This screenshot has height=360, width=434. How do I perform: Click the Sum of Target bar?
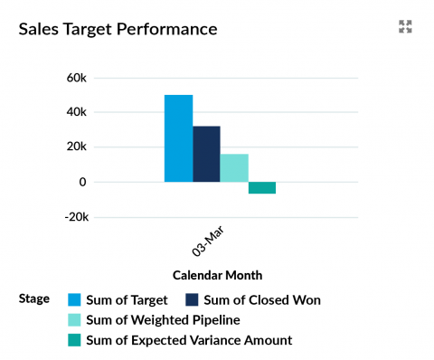(178, 138)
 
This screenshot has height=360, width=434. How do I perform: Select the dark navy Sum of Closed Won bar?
(206, 154)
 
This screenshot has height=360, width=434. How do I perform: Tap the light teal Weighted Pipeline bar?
(234, 168)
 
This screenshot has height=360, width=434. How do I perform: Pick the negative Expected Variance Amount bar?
(262, 187)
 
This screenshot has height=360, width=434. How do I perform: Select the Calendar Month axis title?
(221, 275)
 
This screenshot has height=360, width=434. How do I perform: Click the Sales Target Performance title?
(118, 29)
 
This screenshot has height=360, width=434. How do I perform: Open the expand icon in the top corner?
(405, 27)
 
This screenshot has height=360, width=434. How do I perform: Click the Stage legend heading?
(34, 299)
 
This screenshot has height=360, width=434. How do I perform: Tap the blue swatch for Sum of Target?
(75, 299)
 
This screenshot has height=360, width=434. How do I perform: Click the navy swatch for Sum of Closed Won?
(192, 299)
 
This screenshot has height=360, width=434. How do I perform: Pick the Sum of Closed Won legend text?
(262, 299)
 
